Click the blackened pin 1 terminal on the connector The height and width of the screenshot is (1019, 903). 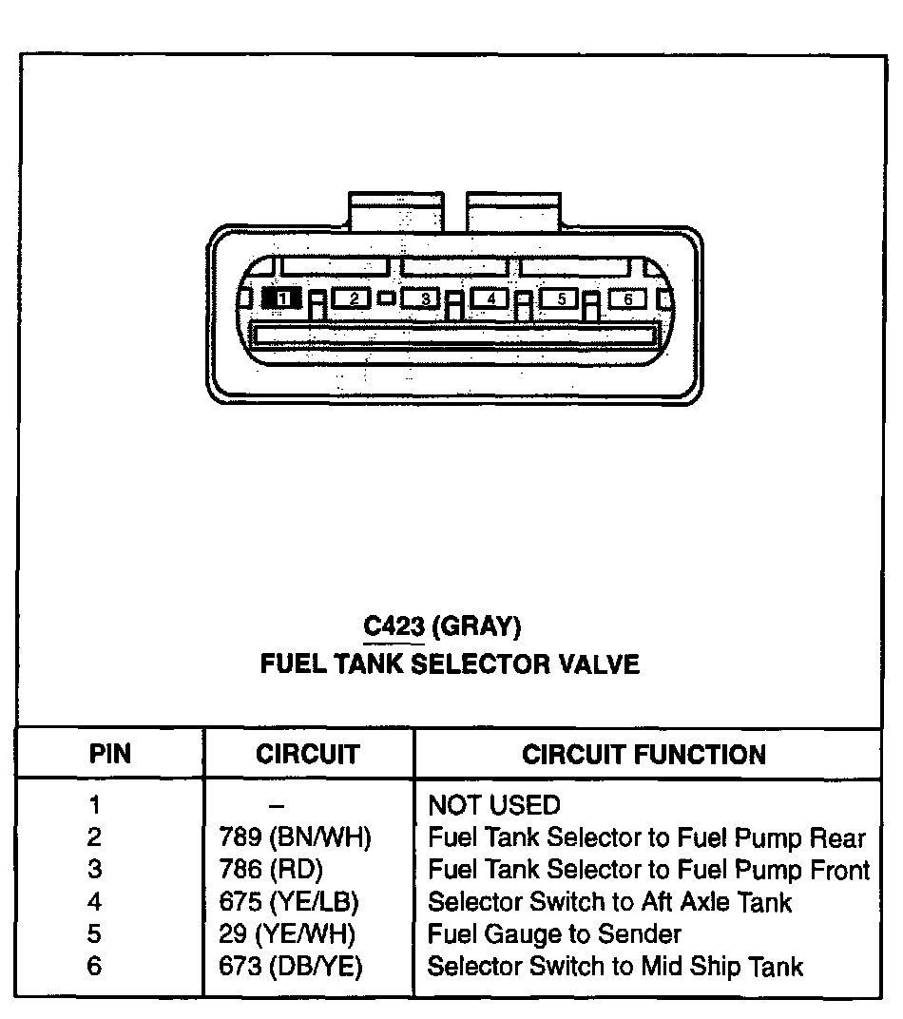(x=282, y=298)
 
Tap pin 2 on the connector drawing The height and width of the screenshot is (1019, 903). (x=353, y=298)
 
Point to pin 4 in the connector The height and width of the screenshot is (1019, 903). (x=490, y=298)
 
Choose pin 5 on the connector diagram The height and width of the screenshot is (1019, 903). (x=561, y=298)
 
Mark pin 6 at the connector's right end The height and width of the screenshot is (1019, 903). (x=627, y=298)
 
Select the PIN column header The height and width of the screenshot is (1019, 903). (x=110, y=755)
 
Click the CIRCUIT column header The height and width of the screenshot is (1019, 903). (x=308, y=755)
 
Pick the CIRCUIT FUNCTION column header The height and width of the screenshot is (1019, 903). (x=644, y=755)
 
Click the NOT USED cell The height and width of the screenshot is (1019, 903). (x=494, y=806)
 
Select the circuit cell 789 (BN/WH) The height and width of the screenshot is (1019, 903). (x=295, y=838)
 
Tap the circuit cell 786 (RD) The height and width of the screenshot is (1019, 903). (x=271, y=870)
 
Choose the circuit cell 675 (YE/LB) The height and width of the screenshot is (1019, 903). (x=289, y=902)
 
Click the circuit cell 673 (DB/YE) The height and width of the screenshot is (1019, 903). (x=291, y=967)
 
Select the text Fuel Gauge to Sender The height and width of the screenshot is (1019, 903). (x=554, y=934)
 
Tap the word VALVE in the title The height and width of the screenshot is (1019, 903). (x=596, y=663)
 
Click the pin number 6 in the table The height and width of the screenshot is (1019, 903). (x=94, y=967)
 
